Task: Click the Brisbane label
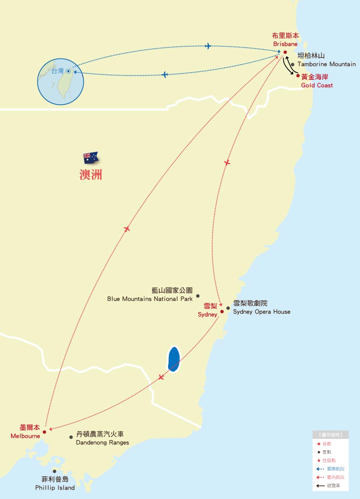pyautogui.click(x=285, y=40)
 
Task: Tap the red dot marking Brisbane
pyautogui.click(x=285, y=53)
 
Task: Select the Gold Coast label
pyautogui.click(x=317, y=81)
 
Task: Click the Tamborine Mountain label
pyautogui.click(x=326, y=60)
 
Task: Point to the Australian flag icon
pyautogui.click(x=91, y=158)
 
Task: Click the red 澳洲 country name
pyautogui.click(x=91, y=175)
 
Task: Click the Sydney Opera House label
pyautogui.click(x=262, y=308)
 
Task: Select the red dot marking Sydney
pyautogui.click(x=222, y=311)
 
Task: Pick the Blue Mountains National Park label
pyautogui.click(x=150, y=295)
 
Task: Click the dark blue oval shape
pyautogui.click(x=174, y=359)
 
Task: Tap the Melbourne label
pyautogui.click(x=25, y=432)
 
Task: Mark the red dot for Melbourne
pyautogui.click(x=44, y=432)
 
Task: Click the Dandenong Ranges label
pyautogui.click(x=102, y=438)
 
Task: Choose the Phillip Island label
pyautogui.click(x=55, y=483)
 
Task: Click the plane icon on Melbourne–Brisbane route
pyautogui.click(x=126, y=229)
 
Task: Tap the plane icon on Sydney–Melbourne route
pyautogui.click(x=161, y=377)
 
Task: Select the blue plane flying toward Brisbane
pyautogui.click(x=208, y=46)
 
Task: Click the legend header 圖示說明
pyautogui.click(x=331, y=435)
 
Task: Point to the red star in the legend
pyautogui.click(x=318, y=444)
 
